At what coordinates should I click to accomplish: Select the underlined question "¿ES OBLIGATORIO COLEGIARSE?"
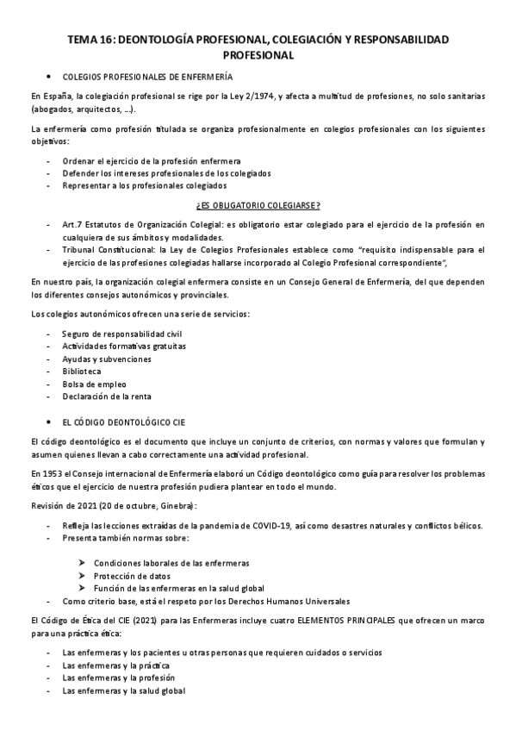click(x=258, y=204)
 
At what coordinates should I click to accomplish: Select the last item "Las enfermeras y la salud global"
click(x=124, y=691)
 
